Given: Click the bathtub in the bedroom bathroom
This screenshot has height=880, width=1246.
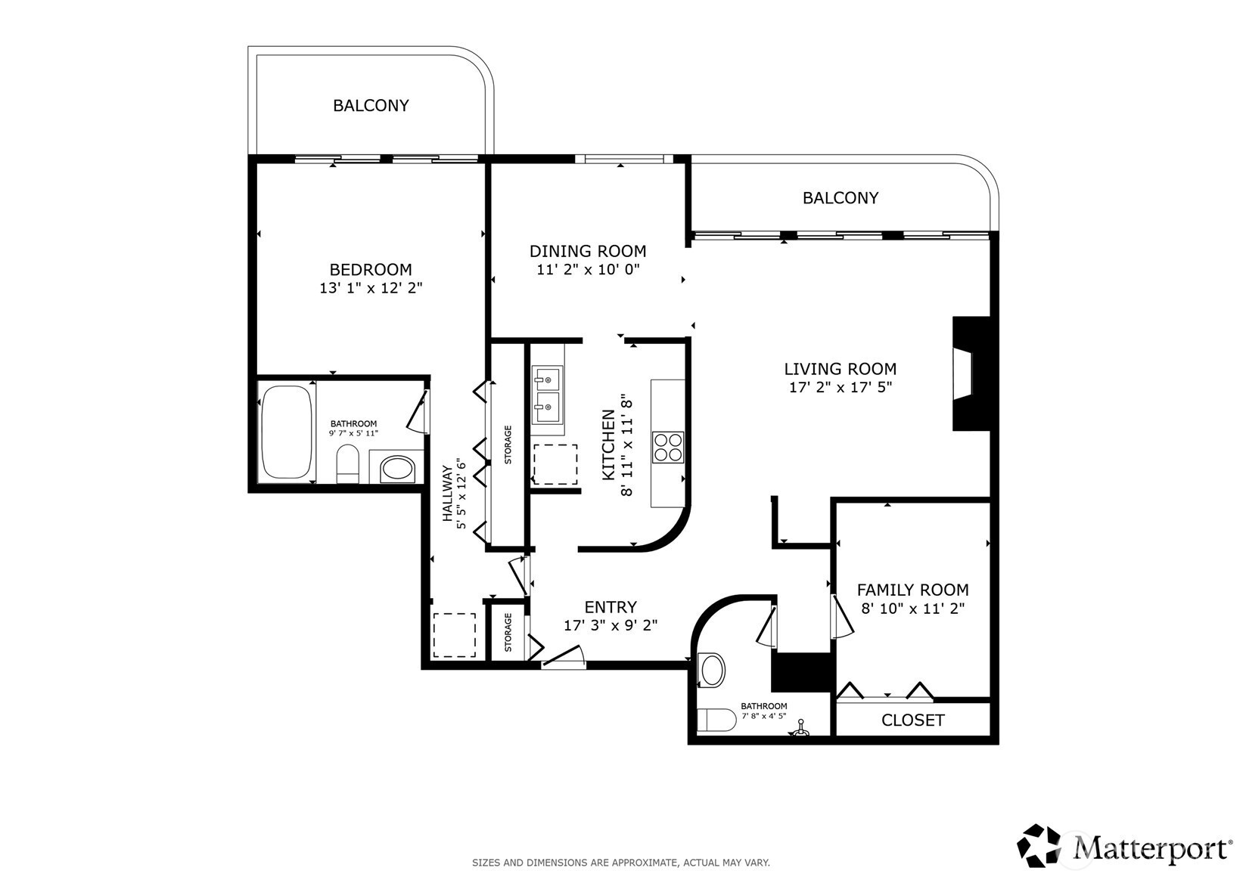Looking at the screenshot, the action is tap(287, 432).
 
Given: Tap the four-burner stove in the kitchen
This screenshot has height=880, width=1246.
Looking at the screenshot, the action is tap(668, 448).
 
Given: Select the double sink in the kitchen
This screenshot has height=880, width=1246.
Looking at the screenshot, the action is tap(547, 394).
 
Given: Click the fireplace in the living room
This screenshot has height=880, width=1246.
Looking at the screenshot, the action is tap(971, 373).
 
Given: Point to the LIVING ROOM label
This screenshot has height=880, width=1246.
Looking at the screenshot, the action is tap(840, 369).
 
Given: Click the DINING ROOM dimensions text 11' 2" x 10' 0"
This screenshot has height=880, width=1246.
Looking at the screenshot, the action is tap(588, 270).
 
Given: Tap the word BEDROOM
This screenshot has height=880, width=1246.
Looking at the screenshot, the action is tap(371, 270).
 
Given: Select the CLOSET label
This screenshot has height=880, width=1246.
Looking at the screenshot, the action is tap(913, 720).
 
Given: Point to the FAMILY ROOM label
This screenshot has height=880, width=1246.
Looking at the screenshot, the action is tap(913, 589).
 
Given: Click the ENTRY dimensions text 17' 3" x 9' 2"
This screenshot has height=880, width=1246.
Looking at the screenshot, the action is tap(611, 625).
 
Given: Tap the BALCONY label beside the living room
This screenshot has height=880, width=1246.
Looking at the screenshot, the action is tap(841, 198).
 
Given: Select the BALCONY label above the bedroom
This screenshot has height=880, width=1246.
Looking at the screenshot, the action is tap(371, 106).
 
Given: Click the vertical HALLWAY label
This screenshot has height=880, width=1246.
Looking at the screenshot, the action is tap(447, 494).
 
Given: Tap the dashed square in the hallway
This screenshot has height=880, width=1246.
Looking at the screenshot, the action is tap(454, 635).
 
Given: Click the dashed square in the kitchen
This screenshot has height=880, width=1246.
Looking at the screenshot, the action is tap(555, 464).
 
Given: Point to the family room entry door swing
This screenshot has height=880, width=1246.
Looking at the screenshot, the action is tap(842, 617).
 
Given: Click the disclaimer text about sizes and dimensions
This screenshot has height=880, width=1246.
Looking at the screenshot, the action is tap(621, 863).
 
